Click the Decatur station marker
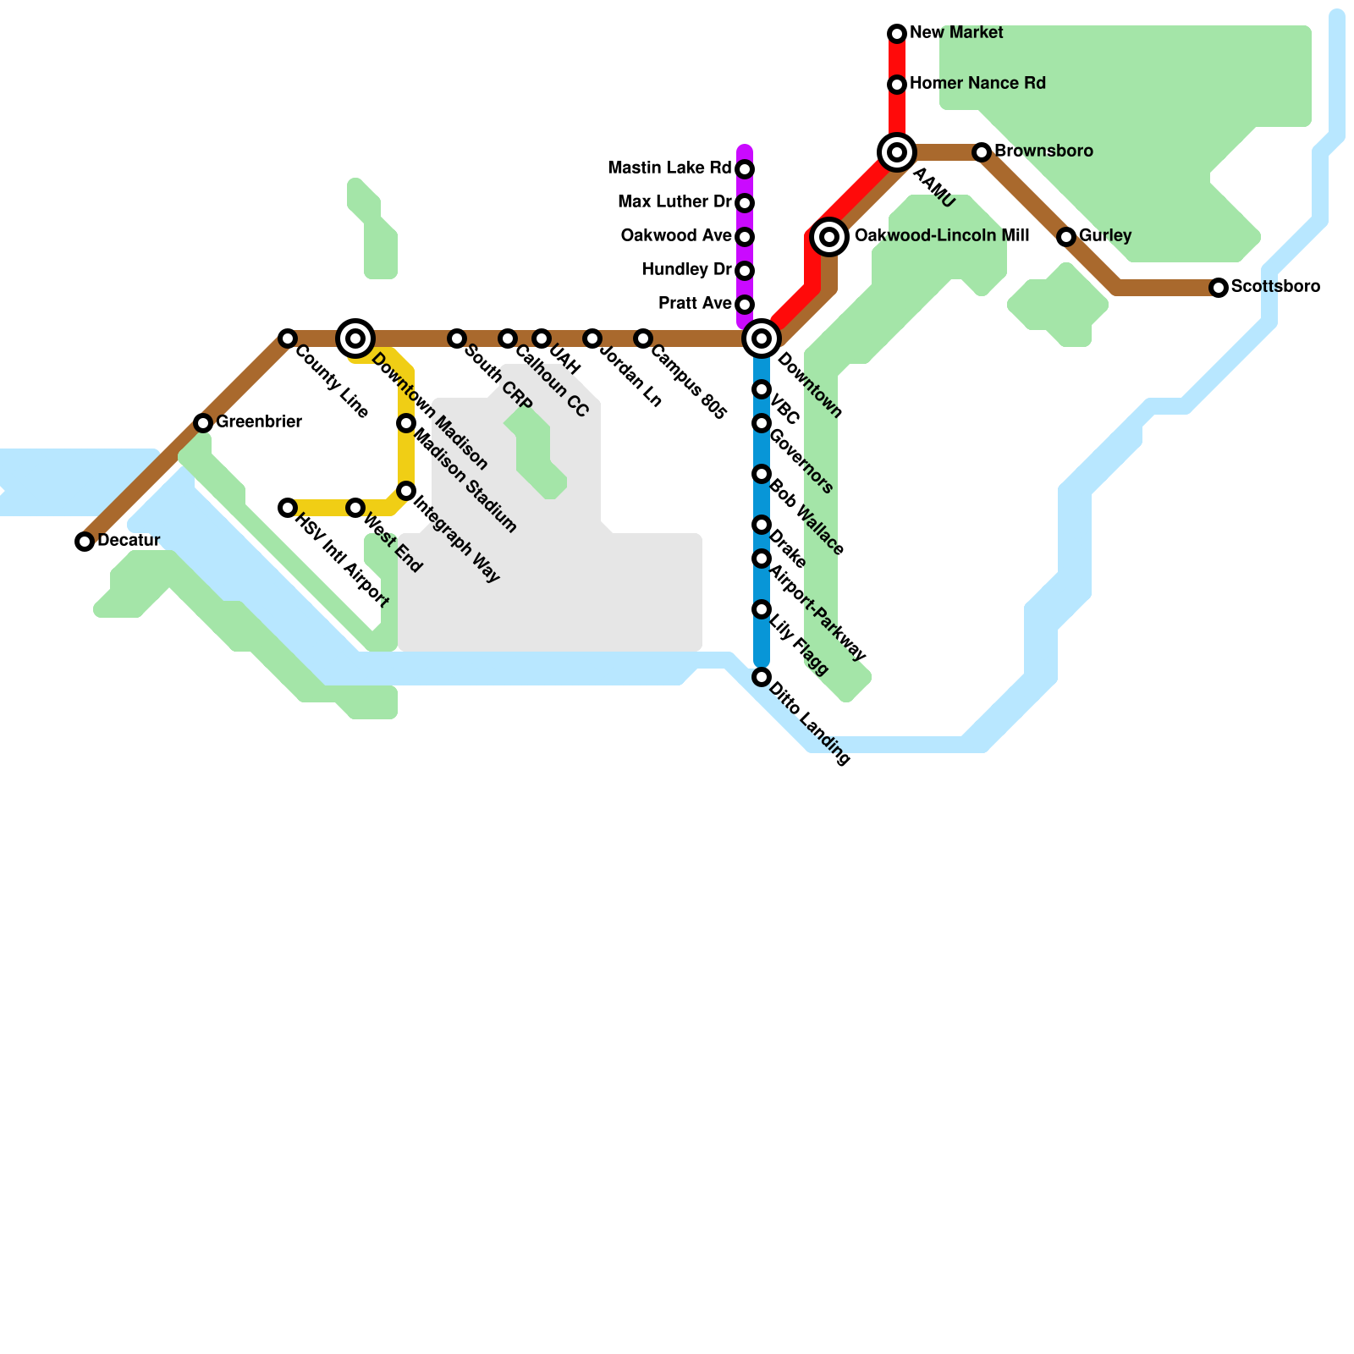coord(85,542)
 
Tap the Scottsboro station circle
coord(1219,288)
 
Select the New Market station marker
coord(897,34)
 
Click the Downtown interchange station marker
coord(762,338)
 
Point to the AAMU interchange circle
coord(897,152)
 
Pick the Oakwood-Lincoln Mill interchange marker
coord(829,237)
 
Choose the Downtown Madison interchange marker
coord(355,338)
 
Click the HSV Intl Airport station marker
coord(288,508)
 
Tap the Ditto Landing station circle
coord(762,677)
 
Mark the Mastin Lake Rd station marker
coord(745,169)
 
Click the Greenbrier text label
coord(259,421)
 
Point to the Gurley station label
coord(1105,235)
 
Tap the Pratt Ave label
coord(695,303)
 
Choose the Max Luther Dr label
coord(674,201)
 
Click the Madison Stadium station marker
coord(406,423)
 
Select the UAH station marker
coord(542,338)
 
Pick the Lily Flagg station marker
coord(762,609)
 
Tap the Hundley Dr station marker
coord(745,271)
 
